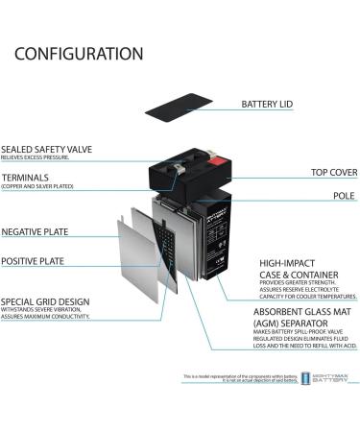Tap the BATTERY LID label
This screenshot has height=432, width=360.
coord(267,104)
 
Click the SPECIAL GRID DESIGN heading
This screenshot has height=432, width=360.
coord(45,301)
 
